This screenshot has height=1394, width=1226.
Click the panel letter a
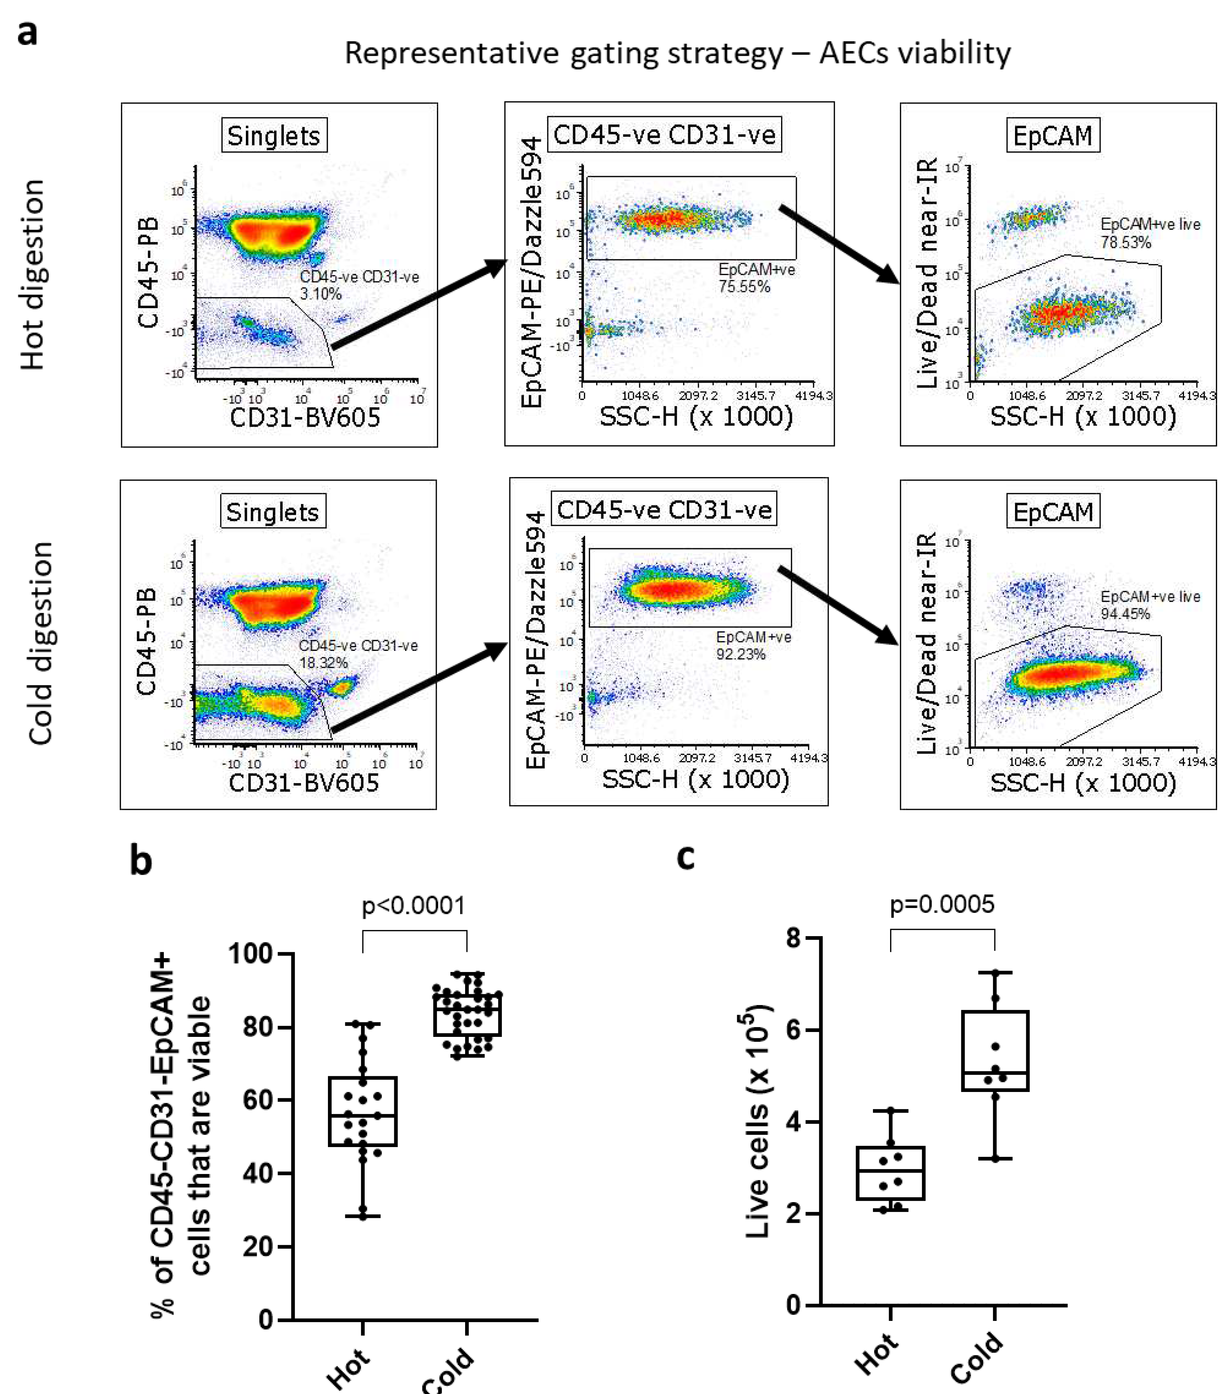click(27, 32)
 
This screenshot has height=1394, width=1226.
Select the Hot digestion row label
click(33, 274)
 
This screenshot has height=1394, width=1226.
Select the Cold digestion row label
click(41, 643)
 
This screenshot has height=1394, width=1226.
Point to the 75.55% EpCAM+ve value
click(744, 286)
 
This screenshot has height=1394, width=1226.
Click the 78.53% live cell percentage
click(1125, 242)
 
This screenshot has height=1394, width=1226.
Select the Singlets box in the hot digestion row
click(274, 136)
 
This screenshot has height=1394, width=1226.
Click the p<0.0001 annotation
click(413, 906)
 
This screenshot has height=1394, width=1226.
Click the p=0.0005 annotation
click(942, 904)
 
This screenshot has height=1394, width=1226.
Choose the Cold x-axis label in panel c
click(977, 1357)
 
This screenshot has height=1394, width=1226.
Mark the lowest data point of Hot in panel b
click(363, 1216)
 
